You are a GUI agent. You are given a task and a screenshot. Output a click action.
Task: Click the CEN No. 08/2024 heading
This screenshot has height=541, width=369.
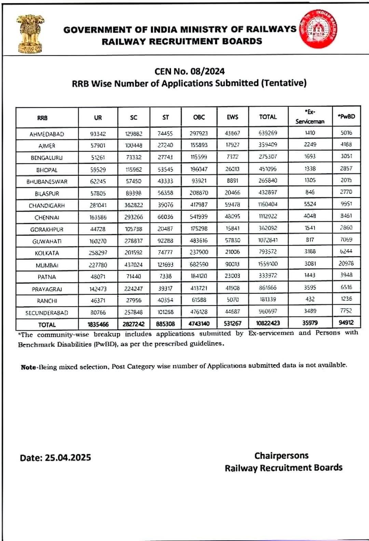[190, 71]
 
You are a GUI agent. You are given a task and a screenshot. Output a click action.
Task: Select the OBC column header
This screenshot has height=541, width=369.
[199, 117]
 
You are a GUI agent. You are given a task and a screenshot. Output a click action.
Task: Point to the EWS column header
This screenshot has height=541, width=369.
[232, 117]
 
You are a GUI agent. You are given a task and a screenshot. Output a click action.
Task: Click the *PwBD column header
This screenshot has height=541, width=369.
[346, 116]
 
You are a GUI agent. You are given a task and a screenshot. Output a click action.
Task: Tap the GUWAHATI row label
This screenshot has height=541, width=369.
[47, 241]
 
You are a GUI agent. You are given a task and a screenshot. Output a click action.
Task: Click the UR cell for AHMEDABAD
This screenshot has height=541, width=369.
[98, 134]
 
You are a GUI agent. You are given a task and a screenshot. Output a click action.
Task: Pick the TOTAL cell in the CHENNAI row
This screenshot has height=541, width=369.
[268, 216]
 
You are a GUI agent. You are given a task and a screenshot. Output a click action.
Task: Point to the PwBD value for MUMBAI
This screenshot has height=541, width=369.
[346, 263]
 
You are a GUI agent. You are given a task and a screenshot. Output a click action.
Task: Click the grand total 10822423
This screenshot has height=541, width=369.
[268, 323]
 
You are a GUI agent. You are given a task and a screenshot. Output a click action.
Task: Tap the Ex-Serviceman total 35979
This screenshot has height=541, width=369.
[310, 322]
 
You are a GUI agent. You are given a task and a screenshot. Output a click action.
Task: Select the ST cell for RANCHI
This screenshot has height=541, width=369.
[165, 300]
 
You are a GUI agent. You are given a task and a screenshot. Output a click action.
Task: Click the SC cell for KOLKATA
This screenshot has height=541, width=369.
[134, 253]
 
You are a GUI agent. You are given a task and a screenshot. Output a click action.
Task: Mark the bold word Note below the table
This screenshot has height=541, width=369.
[28, 367]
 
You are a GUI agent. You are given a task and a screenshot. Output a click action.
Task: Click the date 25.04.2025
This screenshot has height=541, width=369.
[68, 458]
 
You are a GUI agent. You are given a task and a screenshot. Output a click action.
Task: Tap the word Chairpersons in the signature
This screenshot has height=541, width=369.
[281, 456]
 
